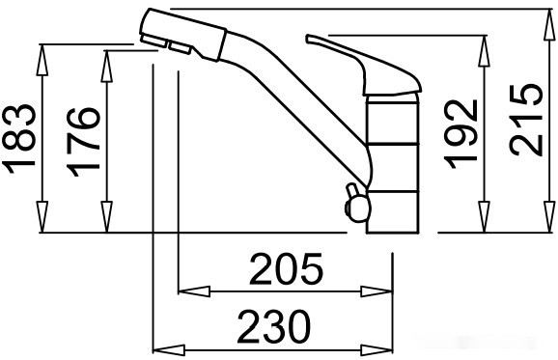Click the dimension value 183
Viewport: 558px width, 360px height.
click(x=19, y=138)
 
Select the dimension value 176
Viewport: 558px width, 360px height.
click(x=83, y=142)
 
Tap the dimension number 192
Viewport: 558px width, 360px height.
click(x=460, y=133)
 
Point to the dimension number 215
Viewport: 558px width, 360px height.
click(x=525, y=120)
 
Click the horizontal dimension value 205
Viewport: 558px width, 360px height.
click(x=286, y=269)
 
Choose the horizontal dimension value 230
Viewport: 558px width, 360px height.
click(x=273, y=326)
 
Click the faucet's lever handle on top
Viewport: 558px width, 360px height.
click(x=364, y=65)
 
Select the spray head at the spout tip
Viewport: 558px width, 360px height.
click(x=182, y=35)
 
